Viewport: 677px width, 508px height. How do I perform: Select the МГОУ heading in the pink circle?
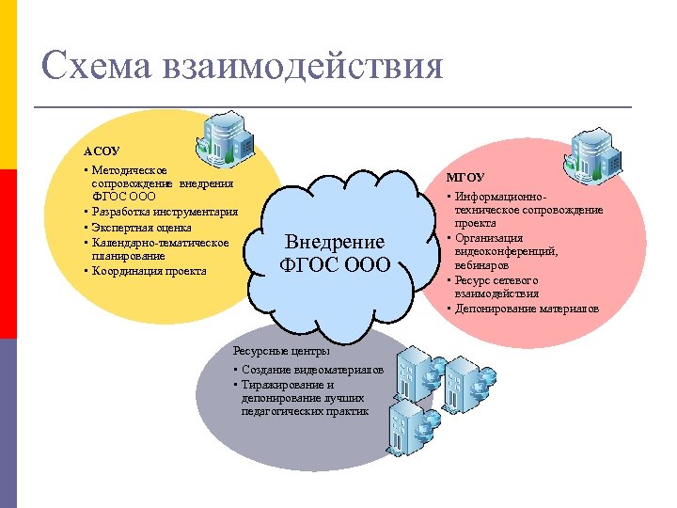[464, 177]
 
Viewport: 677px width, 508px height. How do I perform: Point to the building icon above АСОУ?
[227, 136]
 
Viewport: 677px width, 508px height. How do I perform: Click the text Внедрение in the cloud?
[335, 242]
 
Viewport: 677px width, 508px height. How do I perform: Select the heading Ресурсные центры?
[281, 351]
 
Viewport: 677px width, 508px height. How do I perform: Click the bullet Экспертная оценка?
[141, 227]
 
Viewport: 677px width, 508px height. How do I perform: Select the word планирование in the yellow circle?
[128, 256]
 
